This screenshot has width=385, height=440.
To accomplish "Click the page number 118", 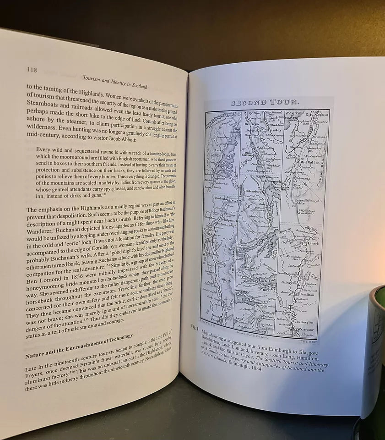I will (31, 70).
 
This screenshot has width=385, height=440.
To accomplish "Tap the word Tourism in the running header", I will (91, 77).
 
